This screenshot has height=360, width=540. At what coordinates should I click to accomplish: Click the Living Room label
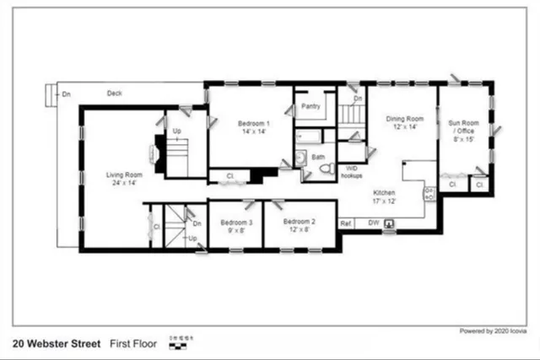click(x=123, y=175)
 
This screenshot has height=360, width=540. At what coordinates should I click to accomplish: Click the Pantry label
click(x=310, y=107)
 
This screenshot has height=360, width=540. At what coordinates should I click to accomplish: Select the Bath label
click(x=318, y=158)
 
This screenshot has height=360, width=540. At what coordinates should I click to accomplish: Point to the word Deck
click(x=115, y=94)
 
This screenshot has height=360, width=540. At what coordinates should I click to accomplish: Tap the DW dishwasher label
click(x=373, y=223)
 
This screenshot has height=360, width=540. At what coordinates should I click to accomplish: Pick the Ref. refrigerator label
click(x=345, y=223)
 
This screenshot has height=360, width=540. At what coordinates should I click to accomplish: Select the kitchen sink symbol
click(x=391, y=224)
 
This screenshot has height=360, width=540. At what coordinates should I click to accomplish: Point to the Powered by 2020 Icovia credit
click(x=493, y=331)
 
